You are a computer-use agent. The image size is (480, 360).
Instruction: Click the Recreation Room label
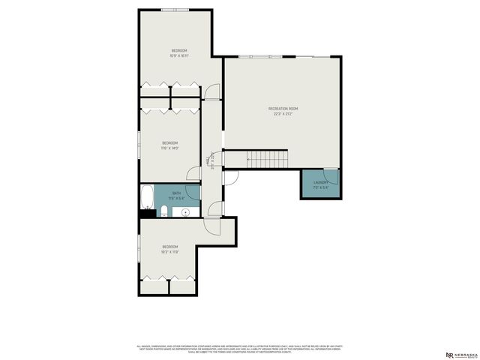(283, 109)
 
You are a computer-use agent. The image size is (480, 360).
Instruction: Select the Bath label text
(176, 193)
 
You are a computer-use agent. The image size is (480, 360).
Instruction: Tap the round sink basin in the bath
(185, 212)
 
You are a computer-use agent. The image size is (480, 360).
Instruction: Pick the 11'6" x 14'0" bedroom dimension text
(170, 148)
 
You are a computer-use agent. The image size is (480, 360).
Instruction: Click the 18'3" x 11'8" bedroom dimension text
(170, 252)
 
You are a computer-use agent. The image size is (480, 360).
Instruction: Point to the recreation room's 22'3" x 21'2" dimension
(283, 114)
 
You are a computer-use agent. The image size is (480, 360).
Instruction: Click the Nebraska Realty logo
(460, 354)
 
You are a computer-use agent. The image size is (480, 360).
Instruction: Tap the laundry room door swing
(331, 178)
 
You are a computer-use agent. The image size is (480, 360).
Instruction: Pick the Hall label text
(208, 160)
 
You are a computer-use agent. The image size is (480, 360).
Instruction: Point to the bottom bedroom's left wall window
(139, 248)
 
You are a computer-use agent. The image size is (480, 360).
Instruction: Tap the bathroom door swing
(194, 190)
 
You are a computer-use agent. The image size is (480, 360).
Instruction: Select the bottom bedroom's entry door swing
(216, 208)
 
